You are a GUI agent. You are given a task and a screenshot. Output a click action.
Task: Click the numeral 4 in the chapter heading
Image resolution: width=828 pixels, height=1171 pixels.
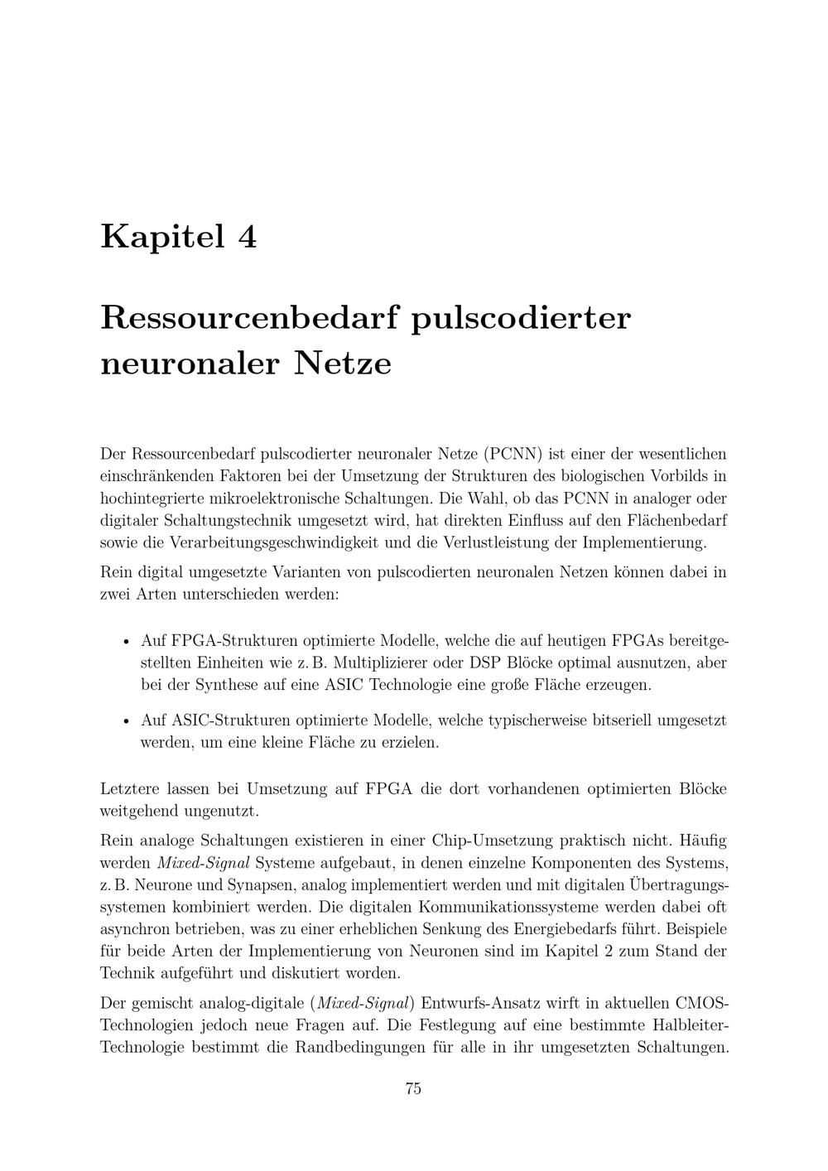coord(247,237)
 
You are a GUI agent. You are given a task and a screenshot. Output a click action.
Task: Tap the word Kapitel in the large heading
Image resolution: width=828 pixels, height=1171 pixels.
coord(162,237)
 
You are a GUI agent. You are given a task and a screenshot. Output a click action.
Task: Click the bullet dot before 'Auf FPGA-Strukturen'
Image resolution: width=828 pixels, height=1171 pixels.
coord(126,642)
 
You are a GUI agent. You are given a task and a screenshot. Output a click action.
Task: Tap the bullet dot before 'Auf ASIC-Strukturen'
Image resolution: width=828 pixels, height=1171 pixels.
coord(126,720)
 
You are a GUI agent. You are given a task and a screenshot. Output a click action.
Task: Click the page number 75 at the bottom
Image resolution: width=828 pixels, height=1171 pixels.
coord(413,1089)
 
